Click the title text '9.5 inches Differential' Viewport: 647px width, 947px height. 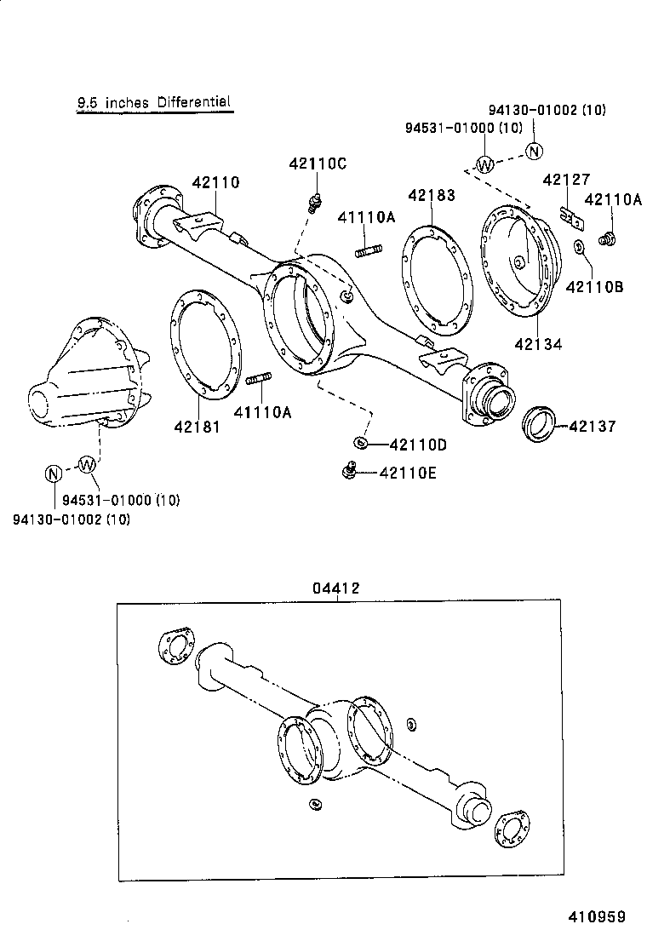point(154,103)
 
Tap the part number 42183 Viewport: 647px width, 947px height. point(431,195)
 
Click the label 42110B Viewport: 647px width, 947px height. point(593,286)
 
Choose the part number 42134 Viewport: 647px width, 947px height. point(538,344)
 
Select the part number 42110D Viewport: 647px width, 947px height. point(418,444)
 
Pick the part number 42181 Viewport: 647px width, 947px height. point(197,427)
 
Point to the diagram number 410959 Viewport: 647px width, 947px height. point(597,916)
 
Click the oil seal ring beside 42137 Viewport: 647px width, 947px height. point(538,423)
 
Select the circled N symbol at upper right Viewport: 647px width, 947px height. point(533,152)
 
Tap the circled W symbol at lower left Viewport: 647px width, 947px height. point(87,464)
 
